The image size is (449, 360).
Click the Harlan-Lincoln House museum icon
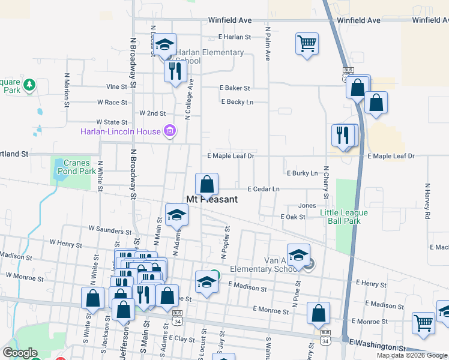click(x=170, y=131)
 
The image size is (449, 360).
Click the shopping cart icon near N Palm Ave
click(x=307, y=43)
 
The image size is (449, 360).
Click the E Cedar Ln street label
click(x=264, y=189)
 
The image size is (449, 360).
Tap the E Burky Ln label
click(x=302, y=173)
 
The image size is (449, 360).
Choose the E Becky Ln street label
click(x=237, y=102)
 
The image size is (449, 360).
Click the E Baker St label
click(x=234, y=88)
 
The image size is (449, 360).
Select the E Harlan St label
click(x=234, y=37)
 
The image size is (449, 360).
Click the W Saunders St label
click(x=110, y=229)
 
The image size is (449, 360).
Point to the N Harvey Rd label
click(x=427, y=201)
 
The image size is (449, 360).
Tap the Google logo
click(x=20, y=352)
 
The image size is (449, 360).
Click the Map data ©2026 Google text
click(x=412, y=355)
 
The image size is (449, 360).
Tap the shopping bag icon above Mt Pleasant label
click(x=206, y=184)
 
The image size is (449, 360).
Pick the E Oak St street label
click(x=292, y=217)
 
